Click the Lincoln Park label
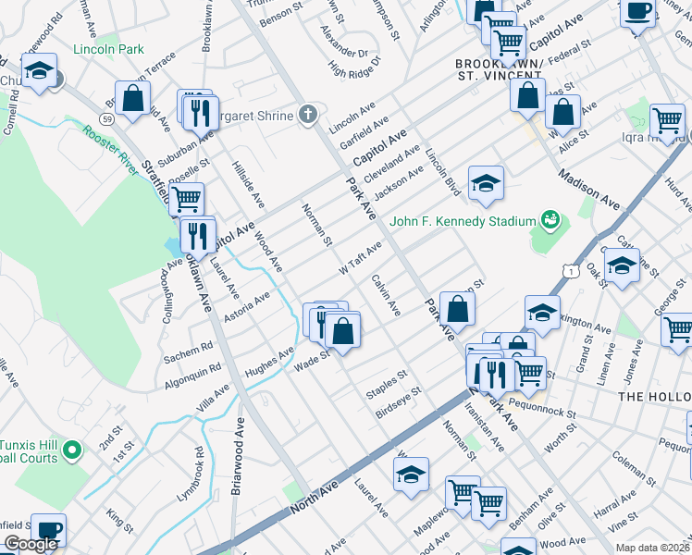(x=108, y=47)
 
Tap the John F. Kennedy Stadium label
(x=463, y=221)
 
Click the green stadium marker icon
(x=551, y=219)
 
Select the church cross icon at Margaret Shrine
(x=309, y=115)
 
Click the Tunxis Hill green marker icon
(x=72, y=450)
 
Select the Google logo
(x=31, y=544)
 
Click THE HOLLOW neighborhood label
(x=654, y=396)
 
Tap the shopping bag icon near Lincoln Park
(x=133, y=98)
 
